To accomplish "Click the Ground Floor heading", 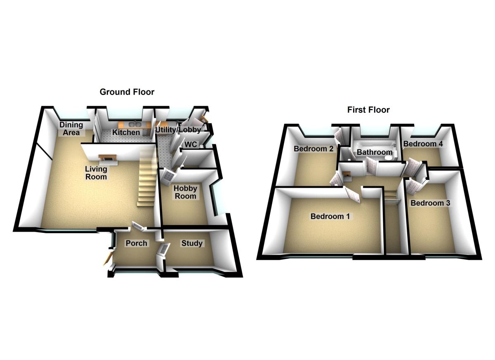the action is click(127, 92).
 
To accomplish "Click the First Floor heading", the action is click(368, 110).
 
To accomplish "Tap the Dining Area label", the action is click(71, 129).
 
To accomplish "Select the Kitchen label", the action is click(126, 133).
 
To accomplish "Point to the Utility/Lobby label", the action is click(178, 130).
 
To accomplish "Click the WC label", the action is click(190, 145).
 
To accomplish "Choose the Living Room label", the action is click(96, 173).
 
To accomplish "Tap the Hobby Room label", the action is click(185, 192).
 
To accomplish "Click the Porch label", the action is click(136, 243).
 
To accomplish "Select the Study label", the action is click(192, 243).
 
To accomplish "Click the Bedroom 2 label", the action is click(313, 149).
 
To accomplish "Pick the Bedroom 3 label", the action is click(430, 203).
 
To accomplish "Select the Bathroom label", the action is click(375, 152).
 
